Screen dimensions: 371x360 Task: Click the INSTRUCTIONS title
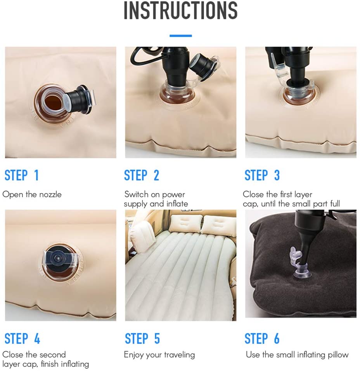pyautogui.click(x=180, y=11)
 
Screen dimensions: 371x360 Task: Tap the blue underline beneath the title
pyautogui.click(x=180, y=36)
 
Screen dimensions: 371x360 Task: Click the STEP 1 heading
pyautogui.click(x=22, y=175)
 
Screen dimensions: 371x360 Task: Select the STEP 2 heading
pyautogui.click(x=142, y=175)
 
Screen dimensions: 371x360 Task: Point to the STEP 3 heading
pyautogui.click(x=262, y=175)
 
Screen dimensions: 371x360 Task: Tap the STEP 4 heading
pyautogui.click(x=22, y=339)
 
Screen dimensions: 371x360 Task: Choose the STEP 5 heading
pyautogui.click(x=142, y=339)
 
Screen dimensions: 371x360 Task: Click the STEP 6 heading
pyautogui.click(x=262, y=339)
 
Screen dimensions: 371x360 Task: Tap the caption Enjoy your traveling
pyautogui.click(x=159, y=355)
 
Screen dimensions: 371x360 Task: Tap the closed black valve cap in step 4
pyautogui.click(x=59, y=257)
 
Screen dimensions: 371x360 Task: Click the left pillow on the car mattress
pyautogui.click(x=185, y=224)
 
